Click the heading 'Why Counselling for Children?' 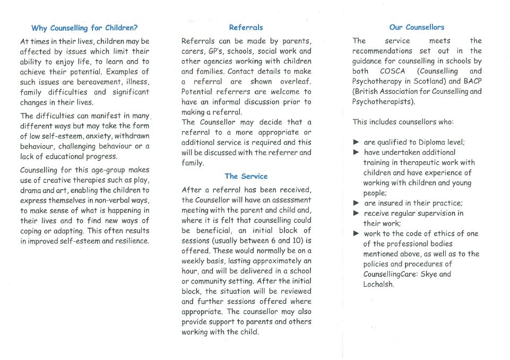pyautogui.click(x=84, y=28)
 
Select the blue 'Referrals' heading pyautogui.click(x=246, y=27)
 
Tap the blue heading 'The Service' pyautogui.click(x=246, y=176)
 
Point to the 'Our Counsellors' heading pyautogui.click(x=417, y=27)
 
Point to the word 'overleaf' pyautogui.click(x=295, y=82)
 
